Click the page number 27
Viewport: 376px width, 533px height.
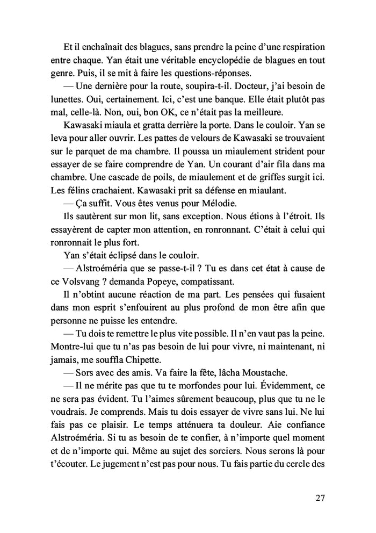click(x=320, y=496)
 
